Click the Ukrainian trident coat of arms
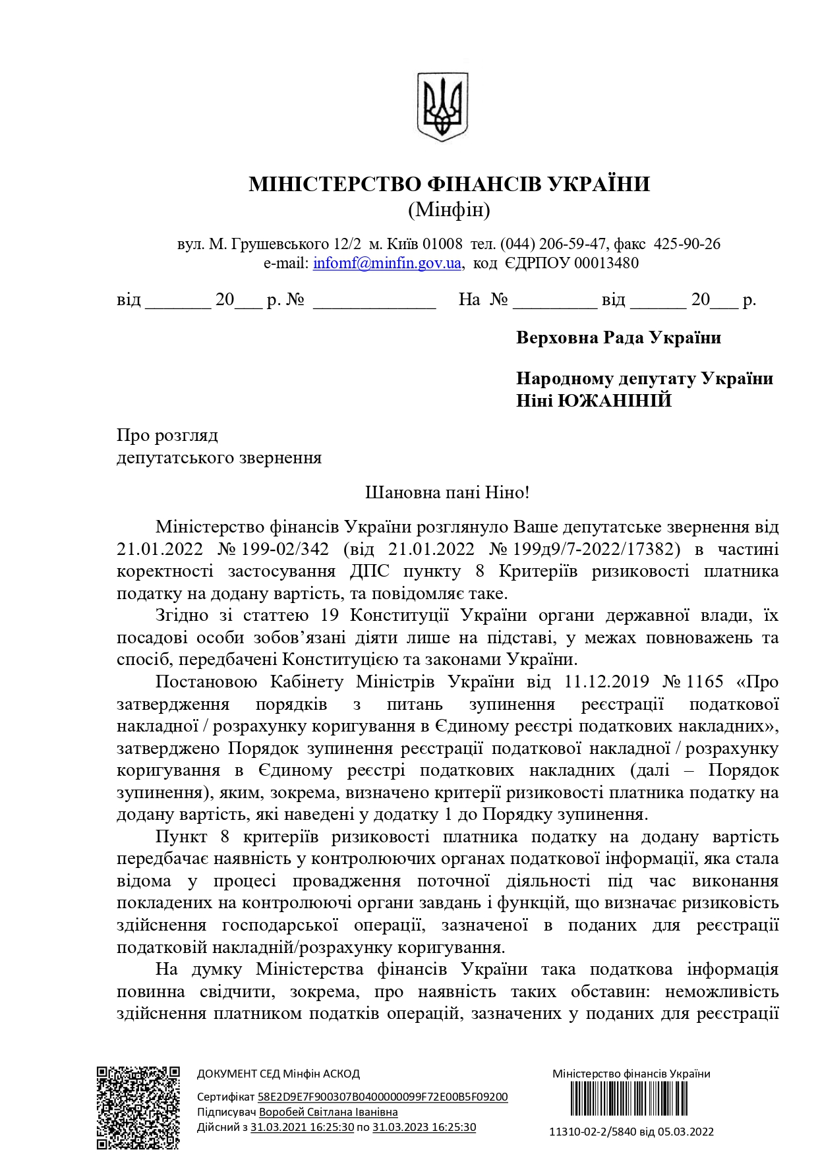click(442, 107)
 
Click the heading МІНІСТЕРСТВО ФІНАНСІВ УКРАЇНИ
click(449, 184)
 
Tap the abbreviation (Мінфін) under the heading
click(449, 210)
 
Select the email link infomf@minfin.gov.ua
click(387, 263)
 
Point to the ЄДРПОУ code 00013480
click(606, 263)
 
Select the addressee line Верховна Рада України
click(618, 337)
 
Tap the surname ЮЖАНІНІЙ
click(614, 400)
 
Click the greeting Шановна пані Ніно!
click(447, 492)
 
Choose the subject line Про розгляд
click(167, 436)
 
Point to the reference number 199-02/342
click(285, 549)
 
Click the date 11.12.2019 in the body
click(606, 681)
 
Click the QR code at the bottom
click(138, 1107)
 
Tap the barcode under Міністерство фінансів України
click(631, 1099)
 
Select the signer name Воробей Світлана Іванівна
click(328, 1112)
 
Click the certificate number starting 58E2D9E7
click(382, 1097)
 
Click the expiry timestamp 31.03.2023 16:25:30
click(424, 1127)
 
